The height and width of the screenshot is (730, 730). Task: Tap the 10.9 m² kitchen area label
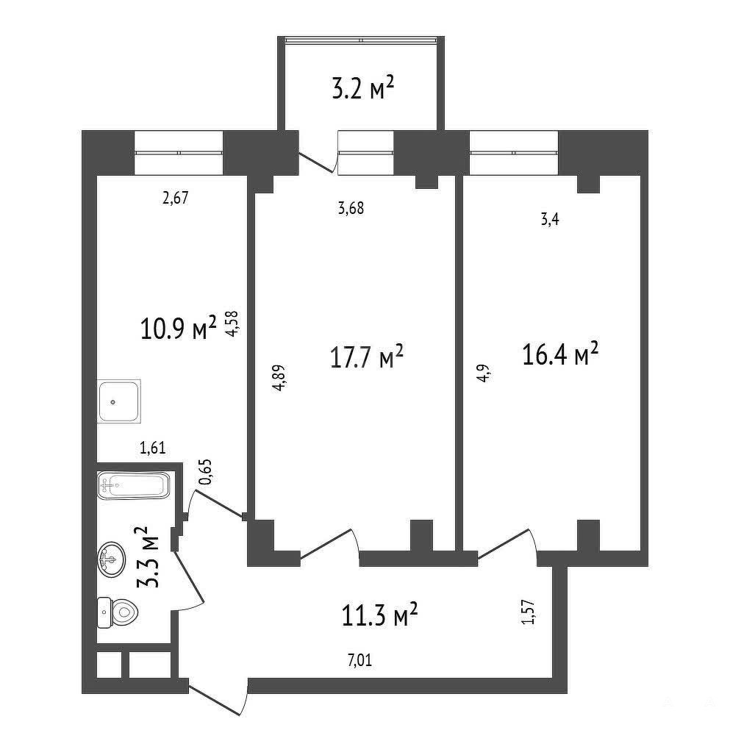coord(179,327)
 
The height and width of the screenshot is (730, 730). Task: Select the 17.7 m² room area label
coord(366,357)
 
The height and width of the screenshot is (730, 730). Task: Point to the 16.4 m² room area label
coord(560,354)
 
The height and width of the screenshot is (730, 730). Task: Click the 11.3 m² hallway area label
coord(379,615)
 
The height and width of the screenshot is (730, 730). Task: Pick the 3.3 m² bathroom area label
coord(148,557)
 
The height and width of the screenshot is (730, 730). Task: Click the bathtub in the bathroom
coord(134,486)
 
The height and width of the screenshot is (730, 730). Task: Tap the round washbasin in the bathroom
coord(111,559)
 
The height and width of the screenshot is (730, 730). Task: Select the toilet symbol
coord(118,612)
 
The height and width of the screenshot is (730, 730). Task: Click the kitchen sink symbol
coord(118,401)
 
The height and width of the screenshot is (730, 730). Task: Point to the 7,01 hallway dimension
coord(360,659)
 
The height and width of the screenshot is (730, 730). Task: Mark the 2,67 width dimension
coord(176,198)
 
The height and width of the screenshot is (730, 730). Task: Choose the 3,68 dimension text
coord(351,207)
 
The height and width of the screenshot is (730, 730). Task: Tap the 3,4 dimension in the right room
coord(550,219)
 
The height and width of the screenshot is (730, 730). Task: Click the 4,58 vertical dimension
coord(232,323)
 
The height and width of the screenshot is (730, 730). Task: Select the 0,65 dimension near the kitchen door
coord(205,472)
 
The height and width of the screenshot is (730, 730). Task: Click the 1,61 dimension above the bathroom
coord(153,448)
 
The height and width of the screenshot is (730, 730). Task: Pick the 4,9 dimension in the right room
coord(484,373)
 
